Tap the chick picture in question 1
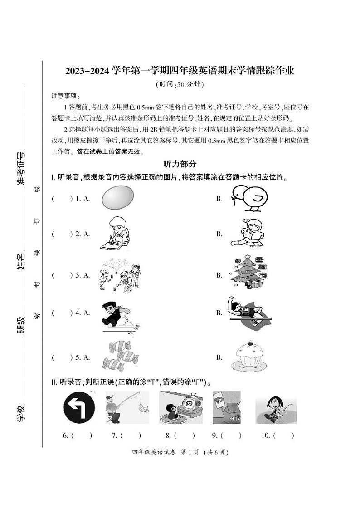(248, 198)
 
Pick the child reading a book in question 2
(247, 234)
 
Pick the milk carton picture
(227, 407)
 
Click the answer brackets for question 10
(284, 436)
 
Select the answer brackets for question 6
(82, 436)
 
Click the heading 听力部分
(180, 164)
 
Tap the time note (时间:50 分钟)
(180, 84)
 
